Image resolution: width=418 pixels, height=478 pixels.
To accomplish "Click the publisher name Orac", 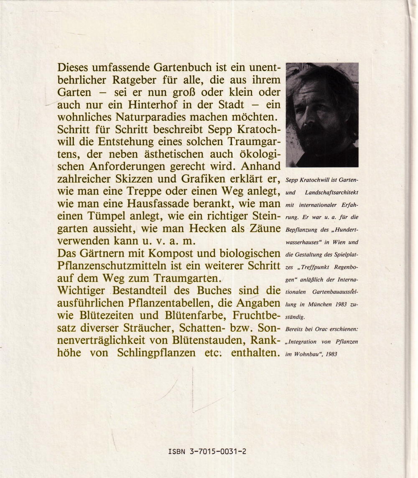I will coord(321,329).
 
